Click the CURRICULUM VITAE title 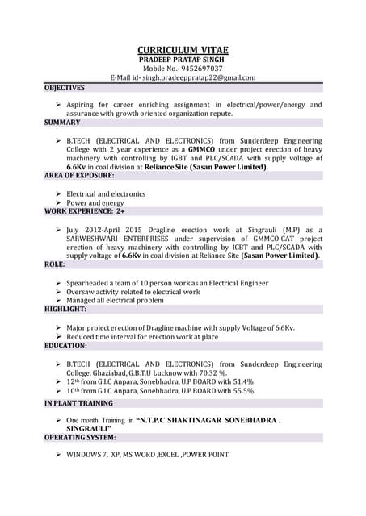point(182,50)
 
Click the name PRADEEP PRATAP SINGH point(182,60)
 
